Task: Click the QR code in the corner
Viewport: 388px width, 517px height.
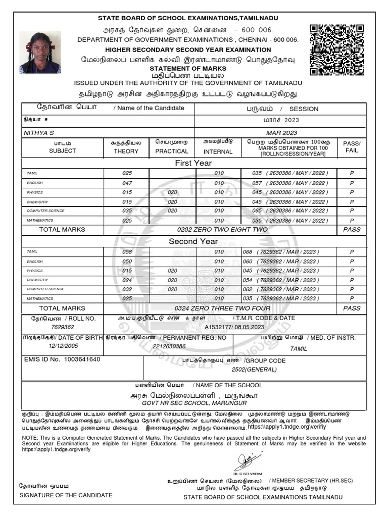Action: point(336,50)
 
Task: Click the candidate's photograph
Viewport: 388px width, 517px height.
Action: point(40,53)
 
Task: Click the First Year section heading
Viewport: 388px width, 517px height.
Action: point(193,163)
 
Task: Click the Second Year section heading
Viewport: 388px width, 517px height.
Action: point(193,241)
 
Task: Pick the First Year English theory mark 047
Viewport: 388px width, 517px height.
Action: point(127,183)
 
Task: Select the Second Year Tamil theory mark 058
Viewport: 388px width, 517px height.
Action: point(127,251)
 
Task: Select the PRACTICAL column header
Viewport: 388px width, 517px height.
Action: point(172,151)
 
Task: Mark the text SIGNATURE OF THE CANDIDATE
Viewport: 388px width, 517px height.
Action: point(66,495)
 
